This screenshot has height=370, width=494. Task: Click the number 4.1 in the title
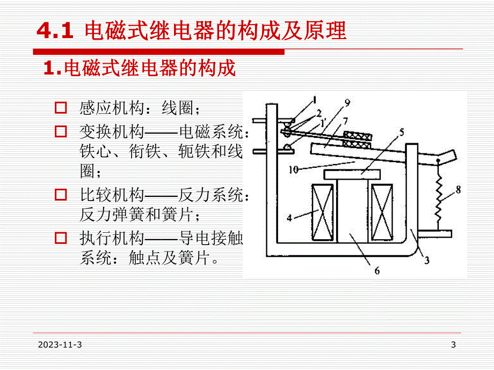coord(54,32)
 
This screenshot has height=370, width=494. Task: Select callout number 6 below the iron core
coord(377,271)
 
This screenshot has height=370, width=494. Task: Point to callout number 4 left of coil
coord(289,218)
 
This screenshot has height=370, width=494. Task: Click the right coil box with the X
coord(382,208)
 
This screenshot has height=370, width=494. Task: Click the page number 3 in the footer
coord(453,345)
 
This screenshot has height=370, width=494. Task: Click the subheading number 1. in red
coord(52,68)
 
